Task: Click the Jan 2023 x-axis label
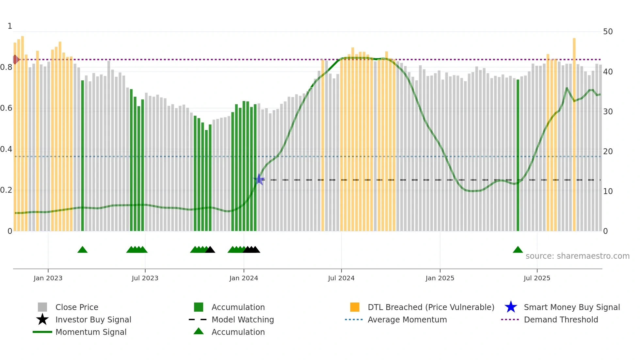(48, 278)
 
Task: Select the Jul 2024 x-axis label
(341, 278)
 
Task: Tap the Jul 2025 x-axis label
(537, 278)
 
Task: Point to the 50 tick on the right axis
(608, 32)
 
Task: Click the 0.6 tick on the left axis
(6, 108)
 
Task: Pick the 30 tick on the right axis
(608, 112)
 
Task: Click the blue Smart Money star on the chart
(259, 179)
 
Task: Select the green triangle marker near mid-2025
(518, 250)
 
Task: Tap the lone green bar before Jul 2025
(518, 155)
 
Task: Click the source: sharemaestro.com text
(577, 256)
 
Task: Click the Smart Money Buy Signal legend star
(511, 307)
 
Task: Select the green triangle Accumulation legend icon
(199, 332)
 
